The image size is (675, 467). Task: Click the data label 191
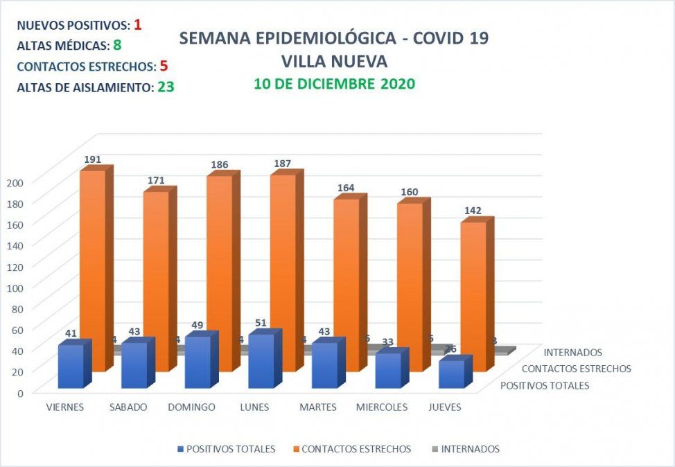[x=93, y=159]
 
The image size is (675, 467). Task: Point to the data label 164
[x=346, y=188]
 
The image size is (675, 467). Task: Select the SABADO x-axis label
[x=128, y=407]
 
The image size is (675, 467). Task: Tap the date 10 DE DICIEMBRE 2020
[x=334, y=85]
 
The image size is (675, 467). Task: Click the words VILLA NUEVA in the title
[x=334, y=61]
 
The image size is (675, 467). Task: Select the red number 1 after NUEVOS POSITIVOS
[x=138, y=25]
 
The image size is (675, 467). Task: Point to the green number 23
[x=165, y=88]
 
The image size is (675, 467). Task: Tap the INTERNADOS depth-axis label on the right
[x=573, y=353]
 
